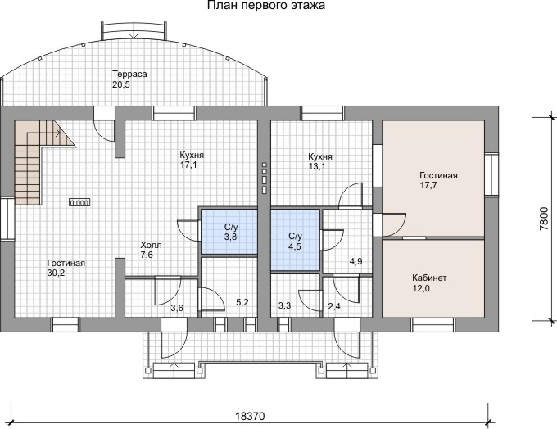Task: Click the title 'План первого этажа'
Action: pyautogui.click(x=266, y=6)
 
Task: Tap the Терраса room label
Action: pyautogui.click(x=129, y=75)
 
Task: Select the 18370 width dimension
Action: pyautogui.click(x=250, y=416)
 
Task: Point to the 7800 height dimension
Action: pyautogui.click(x=544, y=219)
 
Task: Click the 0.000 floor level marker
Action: pyautogui.click(x=79, y=203)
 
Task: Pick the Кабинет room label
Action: pyautogui.click(x=429, y=278)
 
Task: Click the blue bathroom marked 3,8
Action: pyautogui.click(x=229, y=232)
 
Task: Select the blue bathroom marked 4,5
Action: pyautogui.click(x=295, y=240)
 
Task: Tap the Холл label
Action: pyautogui.click(x=151, y=245)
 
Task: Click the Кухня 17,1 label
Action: pyautogui.click(x=192, y=160)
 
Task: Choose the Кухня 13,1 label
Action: pyautogui.click(x=320, y=161)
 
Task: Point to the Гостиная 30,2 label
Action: pyautogui.click(x=66, y=268)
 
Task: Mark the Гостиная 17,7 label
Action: pyautogui.click(x=438, y=180)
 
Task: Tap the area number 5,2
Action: pyautogui.click(x=242, y=302)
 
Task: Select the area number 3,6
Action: pyautogui.click(x=177, y=308)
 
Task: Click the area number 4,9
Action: pyautogui.click(x=356, y=261)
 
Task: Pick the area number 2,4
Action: pyautogui.click(x=334, y=305)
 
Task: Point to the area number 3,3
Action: pyautogui.click(x=284, y=305)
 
